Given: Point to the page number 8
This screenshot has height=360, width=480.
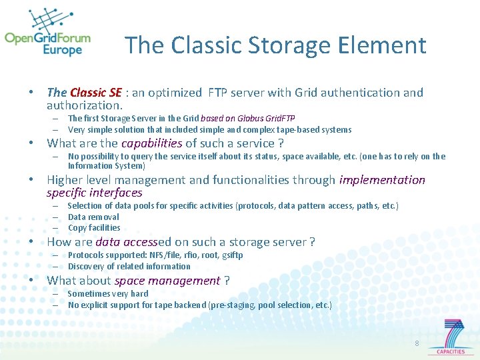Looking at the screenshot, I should click(417, 343).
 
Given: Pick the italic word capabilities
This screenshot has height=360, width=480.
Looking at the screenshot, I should click(151, 143).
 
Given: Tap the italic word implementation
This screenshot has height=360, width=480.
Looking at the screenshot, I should click(382, 179).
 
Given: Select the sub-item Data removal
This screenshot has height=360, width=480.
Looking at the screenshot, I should click(93, 217).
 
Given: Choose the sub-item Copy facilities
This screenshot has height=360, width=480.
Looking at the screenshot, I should click(94, 227).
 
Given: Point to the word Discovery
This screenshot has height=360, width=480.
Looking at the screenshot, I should click(86, 266).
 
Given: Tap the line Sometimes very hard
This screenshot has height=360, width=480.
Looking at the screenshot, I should click(108, 293).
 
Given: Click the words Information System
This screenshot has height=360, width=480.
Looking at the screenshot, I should click(106, 165).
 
